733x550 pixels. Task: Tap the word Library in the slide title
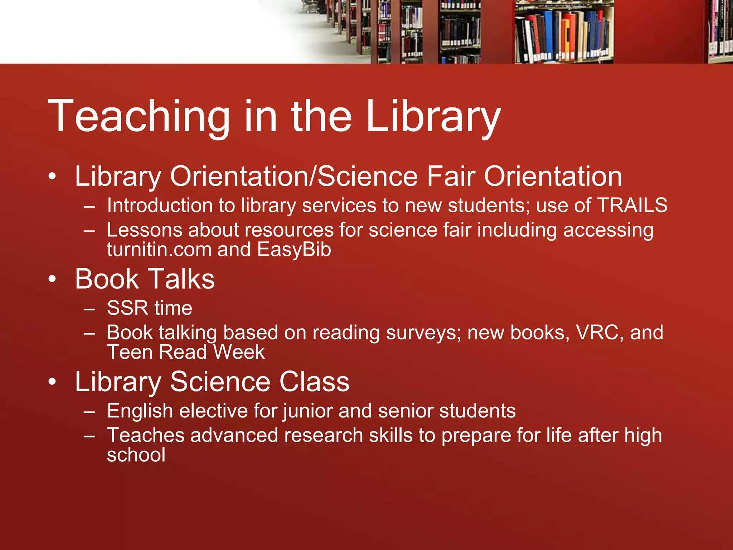433,117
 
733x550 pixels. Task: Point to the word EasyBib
294,250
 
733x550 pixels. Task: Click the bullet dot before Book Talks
53,279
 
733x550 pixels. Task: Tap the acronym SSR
127,308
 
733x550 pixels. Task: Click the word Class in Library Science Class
314,382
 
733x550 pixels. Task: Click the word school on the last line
136,455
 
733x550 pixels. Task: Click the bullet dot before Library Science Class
53,382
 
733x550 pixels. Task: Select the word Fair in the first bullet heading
451,177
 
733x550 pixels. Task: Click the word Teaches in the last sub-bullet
146,435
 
